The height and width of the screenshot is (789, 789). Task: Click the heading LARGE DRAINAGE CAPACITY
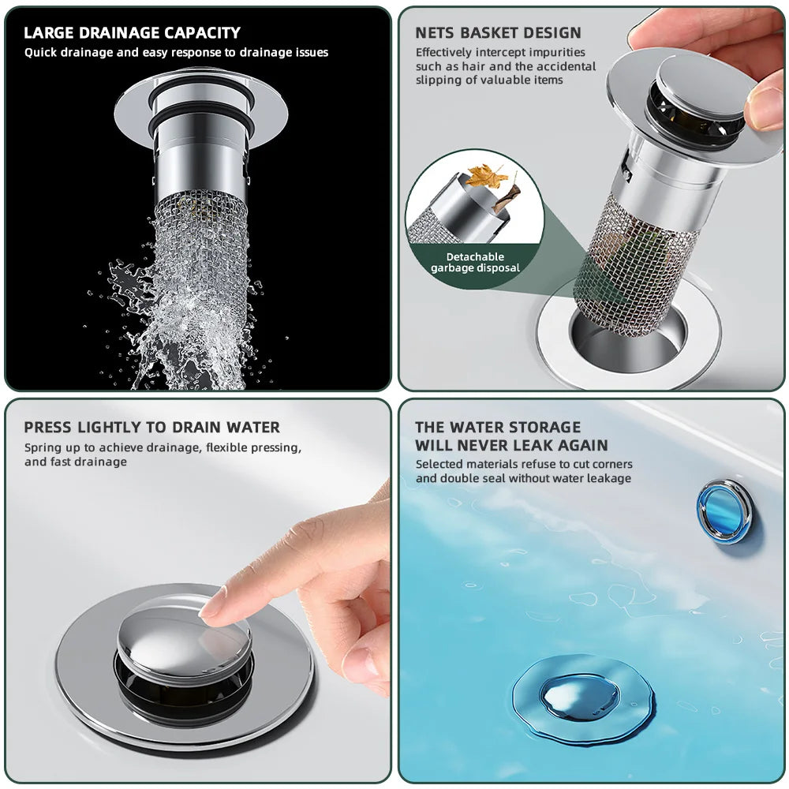click(132, 33)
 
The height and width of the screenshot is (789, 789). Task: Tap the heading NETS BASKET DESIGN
click(498, 33)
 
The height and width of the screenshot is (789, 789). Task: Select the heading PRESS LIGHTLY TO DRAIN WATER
click(151, 428)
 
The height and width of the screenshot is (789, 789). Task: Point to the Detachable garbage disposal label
click(475, 262)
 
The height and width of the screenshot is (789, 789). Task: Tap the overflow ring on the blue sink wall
click(724, 510)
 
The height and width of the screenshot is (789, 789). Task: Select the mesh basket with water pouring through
click(199, 260)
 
